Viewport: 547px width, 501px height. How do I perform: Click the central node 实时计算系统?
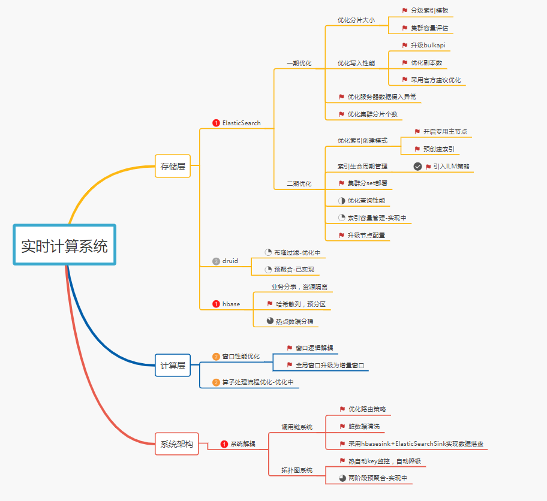[65, 245]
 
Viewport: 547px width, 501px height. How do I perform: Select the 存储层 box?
[173, 167]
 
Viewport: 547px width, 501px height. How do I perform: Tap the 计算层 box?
[173, 365]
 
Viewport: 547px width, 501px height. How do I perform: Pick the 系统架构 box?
[177, 444]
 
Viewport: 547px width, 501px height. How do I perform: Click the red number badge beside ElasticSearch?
[216, 123]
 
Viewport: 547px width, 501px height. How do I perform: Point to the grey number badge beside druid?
[216, 261]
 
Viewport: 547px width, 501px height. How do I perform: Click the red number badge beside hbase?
[216, 304]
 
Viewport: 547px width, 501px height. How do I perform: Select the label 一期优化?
[299, 63]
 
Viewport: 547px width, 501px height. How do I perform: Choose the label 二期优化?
[299, 183]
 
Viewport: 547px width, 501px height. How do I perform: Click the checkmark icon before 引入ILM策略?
[418, 166]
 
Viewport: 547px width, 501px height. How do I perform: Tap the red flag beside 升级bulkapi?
[405, 45]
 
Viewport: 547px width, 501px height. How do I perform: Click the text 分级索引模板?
[429, 11]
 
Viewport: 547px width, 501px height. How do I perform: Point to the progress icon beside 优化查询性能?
[341, 200]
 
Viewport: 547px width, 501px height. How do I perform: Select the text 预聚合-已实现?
[294, 269]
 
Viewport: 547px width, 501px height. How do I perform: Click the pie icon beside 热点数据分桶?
[270, 321]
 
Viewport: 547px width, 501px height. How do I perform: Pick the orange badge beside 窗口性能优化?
[216, 357]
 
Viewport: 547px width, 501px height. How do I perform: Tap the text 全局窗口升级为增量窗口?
[330, 365]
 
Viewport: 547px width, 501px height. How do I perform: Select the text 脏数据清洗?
[364, 426]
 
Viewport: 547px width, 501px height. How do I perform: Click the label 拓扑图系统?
[297, 470]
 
